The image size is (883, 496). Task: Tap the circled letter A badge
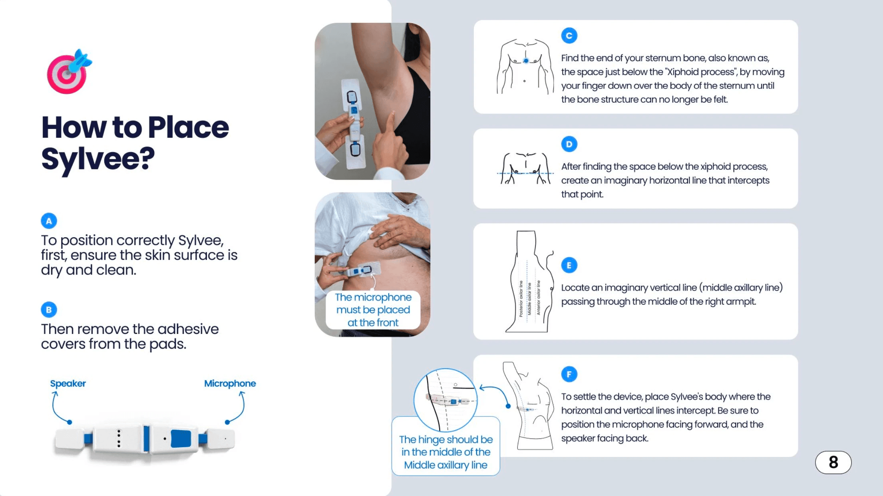click(49, 221)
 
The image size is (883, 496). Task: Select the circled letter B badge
click(49, 310)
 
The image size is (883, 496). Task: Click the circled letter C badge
click(569, 36)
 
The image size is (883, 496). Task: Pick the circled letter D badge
click(569, 144)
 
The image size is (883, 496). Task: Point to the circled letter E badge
click(569, 265)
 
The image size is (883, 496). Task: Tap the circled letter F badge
click(569, 374)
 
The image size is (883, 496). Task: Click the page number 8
click(833, 462)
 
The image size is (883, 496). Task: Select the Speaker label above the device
click(68, 383)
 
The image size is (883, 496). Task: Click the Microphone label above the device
click(230, 383)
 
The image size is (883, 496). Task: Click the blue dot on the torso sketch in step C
click(526, 61)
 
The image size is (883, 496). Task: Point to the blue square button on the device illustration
click(181, 439)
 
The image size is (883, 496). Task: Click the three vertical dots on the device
click(119, 438)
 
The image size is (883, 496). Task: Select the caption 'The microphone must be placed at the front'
click(373, 310)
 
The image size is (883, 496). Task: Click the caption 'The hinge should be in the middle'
click(446, 452)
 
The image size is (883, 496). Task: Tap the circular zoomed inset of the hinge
click(445, 400)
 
